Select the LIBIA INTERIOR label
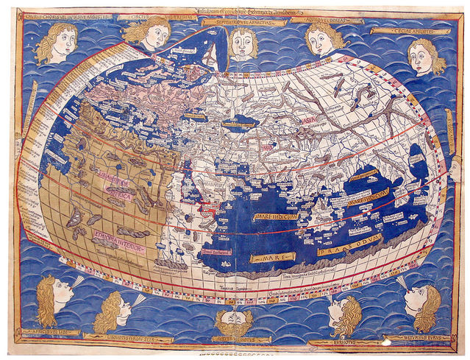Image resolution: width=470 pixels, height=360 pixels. coord(111,181)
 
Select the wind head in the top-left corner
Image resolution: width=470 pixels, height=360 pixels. coord(55,43)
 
